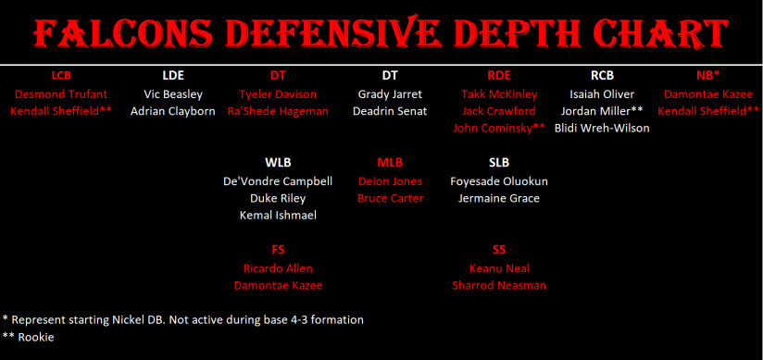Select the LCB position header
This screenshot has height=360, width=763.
point(61,75)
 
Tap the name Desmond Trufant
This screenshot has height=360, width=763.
point(61,93)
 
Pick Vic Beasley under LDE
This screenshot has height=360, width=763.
point(173,93)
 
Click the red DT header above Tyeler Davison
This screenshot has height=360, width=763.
point(278,75)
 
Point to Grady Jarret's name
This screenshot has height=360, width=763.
point(390,93)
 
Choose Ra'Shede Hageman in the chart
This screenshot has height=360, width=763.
point(278,111)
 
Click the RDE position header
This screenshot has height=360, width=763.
point(499,75)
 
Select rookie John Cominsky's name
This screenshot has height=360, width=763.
point(494,128)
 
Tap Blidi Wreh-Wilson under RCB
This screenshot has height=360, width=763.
point(602,128)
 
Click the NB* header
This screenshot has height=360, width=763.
point(708,75)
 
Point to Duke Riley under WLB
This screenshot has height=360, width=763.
point(278,198)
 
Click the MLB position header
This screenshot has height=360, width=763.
point(390,163)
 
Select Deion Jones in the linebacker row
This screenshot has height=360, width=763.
point(390,181)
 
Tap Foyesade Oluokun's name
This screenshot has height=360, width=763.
point(499,181)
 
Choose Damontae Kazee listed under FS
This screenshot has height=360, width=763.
point(278,286)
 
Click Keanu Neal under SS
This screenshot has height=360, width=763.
point(499,268)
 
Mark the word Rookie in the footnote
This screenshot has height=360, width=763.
point(36,337)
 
